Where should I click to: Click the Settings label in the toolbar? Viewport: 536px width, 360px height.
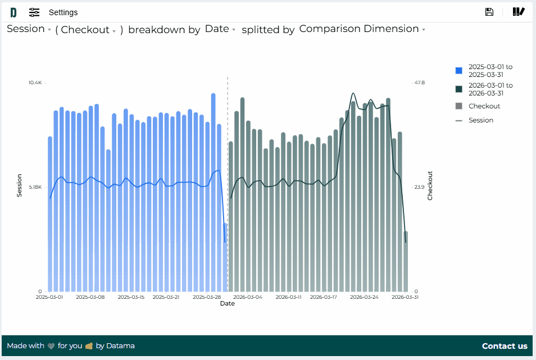pyautogui.click(x=63, y=12)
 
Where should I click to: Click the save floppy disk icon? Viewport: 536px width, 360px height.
pyautogui.click(x=489, y=12)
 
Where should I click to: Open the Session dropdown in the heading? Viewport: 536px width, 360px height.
pyautogui.click(x=29, y=29)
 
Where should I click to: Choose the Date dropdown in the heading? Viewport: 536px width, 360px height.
pyautogui.click(x=220, y=29)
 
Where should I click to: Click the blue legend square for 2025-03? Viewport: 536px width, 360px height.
pyautogui.click(x=459, y=71)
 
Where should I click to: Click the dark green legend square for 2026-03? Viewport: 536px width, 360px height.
pyautogui.click(x=459, y=89)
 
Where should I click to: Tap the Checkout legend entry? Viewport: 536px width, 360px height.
pyautogui.click(x=484, y=106)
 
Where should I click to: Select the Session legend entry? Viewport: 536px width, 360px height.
pyautogui.click(x=480, y=120)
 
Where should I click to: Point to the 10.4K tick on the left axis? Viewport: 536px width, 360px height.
pyautogui.click(x=35, y=83)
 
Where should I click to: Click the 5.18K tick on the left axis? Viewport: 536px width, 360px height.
pyautogui.click(x=35, y=187)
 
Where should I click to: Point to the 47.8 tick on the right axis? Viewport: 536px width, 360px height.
pyautogui.click(x=419, y=83)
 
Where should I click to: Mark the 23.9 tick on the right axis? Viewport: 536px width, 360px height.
pyautogui.click(x=419, y=187)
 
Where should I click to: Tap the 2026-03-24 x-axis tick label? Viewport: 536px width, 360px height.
pyautogui.click(x=364, y=297)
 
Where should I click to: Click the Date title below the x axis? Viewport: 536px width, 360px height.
pyautogui.click(x=227, y=304)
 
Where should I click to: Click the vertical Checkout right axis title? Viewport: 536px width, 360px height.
pyautogui.click(x=430, y=185)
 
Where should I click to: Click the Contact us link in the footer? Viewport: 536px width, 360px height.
pyautogui.click(x=505, y=346)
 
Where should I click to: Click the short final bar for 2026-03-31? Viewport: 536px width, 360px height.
pyautogui.click(x=406, y=261)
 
